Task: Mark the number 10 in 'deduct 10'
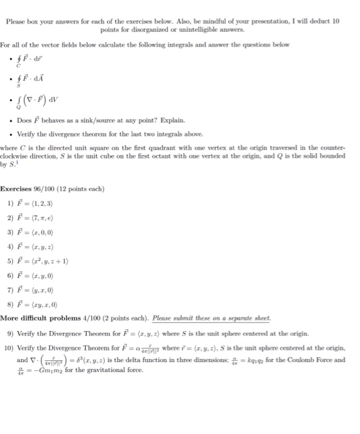click(x=336, y=20)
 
